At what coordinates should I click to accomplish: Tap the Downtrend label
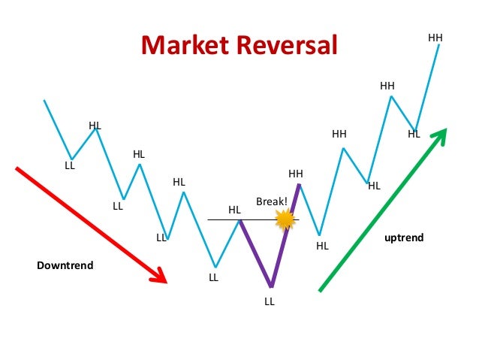[x=65, y=265]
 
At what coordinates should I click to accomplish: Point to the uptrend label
[x=404, y=237]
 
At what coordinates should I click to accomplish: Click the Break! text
[x=271, y=201]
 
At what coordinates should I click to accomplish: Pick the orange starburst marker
[x=285, y=219]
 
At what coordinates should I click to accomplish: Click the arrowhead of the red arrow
[x=161, y=278]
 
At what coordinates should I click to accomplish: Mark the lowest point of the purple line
[x=271, y=286]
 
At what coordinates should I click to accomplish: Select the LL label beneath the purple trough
[x=270, y=301]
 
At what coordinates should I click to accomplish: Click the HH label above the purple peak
[x=296, y=174]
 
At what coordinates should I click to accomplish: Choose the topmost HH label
[x=435, y=37]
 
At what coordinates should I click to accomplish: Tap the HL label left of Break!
[x=234, y=210]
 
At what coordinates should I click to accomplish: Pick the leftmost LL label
[x=70, y=165]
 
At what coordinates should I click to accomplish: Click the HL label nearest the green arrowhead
[x=414, y=135]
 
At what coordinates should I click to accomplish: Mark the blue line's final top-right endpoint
[x=439, y=45]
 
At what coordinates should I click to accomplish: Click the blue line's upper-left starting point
[x=44, y=100]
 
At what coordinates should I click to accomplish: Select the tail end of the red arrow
[x=17, y=168]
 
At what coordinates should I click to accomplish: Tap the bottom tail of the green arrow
[x=321, y=290]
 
